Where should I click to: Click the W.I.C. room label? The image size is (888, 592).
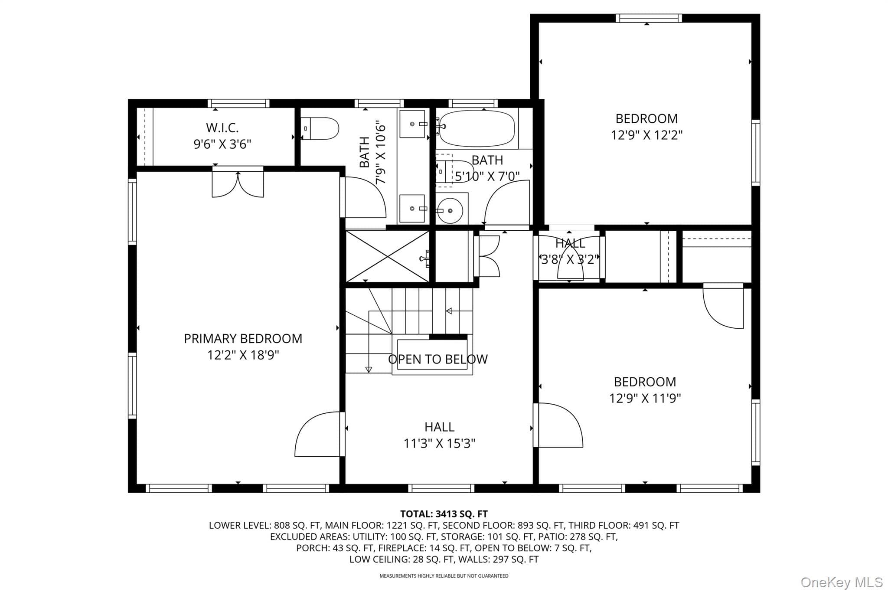click(222, 128)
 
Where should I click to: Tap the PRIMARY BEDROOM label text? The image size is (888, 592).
click(243, 339)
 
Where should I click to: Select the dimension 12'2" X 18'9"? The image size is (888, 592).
click(243, 355)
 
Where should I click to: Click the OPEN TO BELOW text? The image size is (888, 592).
click(438, 359)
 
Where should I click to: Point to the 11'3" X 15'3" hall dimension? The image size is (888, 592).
click(439, 443)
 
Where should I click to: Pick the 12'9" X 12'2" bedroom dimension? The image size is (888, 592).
click(646, 135)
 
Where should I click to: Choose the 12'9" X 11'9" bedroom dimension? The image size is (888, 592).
click(645, 398)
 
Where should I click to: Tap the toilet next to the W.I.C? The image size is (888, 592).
click(320, 128)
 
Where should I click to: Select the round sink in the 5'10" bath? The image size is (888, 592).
click(450, 210)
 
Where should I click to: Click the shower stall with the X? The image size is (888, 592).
click(387, 257)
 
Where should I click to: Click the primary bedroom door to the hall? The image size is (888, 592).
click(319, 434)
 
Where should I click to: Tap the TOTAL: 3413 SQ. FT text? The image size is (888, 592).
click(444, 514)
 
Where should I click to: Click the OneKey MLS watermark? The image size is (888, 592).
click(841, 582)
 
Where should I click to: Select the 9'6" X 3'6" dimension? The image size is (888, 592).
click(222, 144)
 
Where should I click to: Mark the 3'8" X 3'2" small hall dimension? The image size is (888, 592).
click(570, 259)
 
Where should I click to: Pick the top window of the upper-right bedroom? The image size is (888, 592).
click(649, 18)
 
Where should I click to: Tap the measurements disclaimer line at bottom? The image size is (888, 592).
click(444, 576)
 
